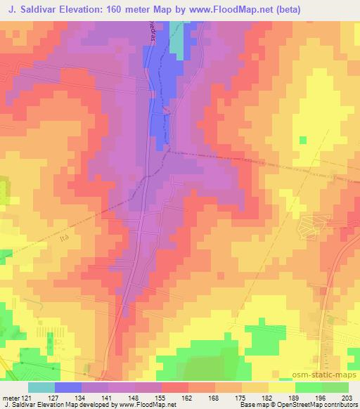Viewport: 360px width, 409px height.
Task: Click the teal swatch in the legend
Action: [x=41, y=387]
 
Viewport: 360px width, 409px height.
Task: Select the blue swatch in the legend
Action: [x=68, y=387]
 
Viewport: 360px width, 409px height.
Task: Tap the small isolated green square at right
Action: [x=302, y=140]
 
